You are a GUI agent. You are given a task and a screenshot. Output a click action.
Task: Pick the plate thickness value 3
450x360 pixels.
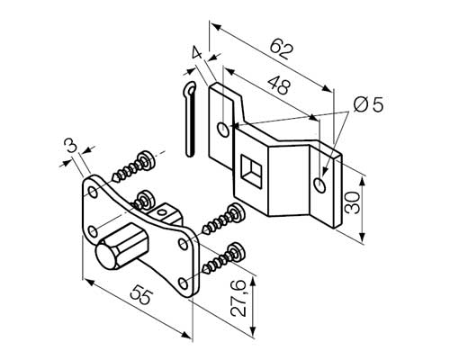pos(69,145)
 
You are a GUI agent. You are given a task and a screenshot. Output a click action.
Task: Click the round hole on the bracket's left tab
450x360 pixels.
pos(222,130)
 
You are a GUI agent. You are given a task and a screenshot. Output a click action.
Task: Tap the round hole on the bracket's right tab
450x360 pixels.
pos(319,184)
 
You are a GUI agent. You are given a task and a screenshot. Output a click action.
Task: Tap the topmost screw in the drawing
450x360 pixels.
pos(133,163)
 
